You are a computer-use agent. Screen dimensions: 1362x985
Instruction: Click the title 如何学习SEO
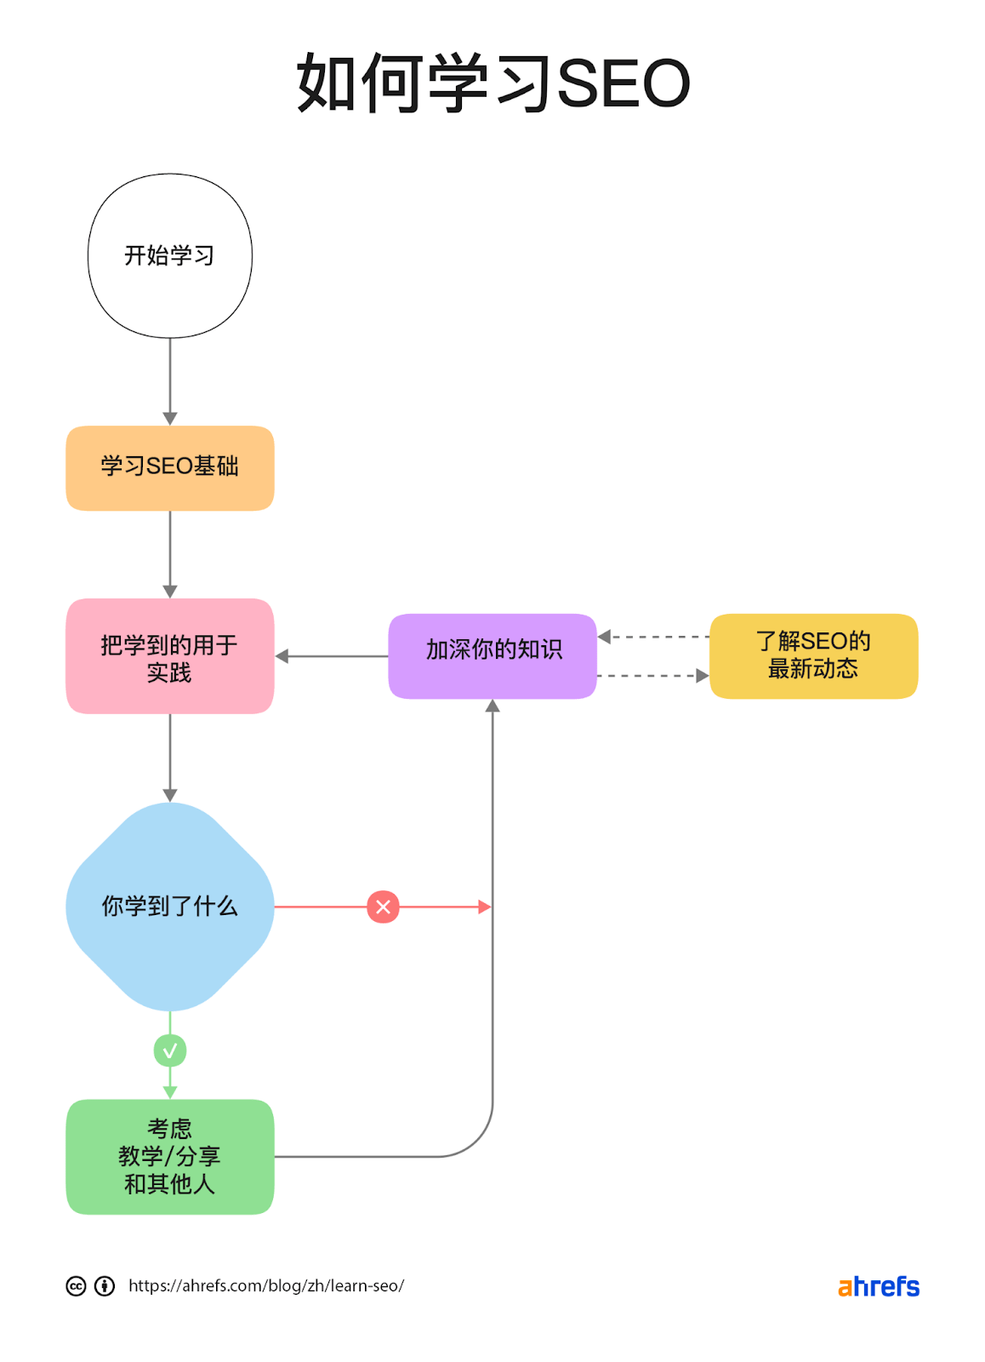click(492, 83)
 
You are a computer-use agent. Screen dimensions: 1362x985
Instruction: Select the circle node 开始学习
click(170, 255)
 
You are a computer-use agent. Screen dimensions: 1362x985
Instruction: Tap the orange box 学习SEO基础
click(170, 468)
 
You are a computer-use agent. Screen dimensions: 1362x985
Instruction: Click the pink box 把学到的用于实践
click(170, 656)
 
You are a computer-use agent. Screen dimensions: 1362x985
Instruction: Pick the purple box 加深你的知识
click(492, 656)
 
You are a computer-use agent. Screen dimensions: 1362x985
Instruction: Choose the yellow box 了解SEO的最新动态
click(813, 656)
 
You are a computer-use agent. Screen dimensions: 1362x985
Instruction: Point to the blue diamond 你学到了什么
click(170, 907)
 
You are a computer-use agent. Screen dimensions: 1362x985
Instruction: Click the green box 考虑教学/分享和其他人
click(170, 1156)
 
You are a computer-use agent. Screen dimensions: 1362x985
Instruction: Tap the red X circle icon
click(384, 907)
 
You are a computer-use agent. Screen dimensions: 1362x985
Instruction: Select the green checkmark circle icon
click(170, 1050)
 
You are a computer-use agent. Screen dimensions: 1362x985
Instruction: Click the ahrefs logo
click(879, 1286)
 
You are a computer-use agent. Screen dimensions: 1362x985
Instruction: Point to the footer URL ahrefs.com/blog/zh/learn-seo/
click(266, 1285)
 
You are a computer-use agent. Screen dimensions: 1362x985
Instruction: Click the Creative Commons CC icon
click(77, 1285)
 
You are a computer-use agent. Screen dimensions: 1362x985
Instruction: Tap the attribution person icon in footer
click(105, 1285)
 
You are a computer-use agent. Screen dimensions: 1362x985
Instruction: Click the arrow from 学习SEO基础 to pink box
click(170, 553)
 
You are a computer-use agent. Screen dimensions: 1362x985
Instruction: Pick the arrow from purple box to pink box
click(332, 656)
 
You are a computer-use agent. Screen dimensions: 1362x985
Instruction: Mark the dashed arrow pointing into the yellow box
click(653, 676)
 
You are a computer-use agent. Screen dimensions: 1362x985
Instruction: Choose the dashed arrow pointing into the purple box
click(653, 637)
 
